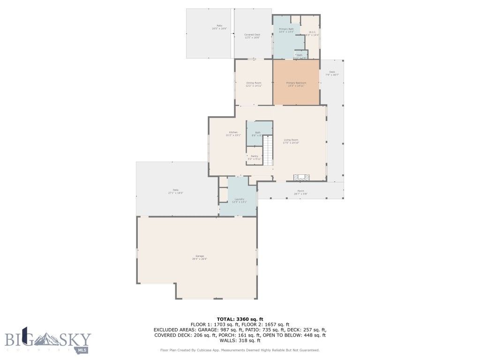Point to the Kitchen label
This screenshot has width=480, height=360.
233,133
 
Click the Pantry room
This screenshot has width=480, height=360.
254,157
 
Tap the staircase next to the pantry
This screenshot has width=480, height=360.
268,150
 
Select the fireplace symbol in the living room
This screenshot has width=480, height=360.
301,178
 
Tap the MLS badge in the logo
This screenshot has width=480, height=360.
82,349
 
